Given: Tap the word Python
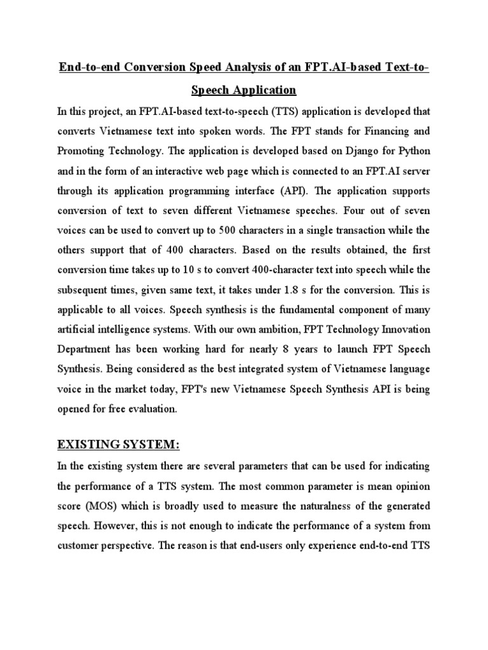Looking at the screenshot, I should click(x=414, y=151).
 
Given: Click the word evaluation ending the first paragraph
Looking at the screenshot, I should click(x=146, y=409).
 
